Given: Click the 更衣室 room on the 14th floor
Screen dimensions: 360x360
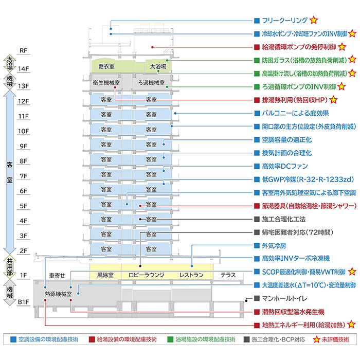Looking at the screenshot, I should tap(106, 66).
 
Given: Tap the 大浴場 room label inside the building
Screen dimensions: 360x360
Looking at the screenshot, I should tap(158, 66).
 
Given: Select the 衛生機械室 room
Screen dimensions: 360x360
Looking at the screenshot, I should tap(106, 82).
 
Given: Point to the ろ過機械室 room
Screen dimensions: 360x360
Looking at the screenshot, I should tap(151, 82).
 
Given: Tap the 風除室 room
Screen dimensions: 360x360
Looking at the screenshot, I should tap(106, 275).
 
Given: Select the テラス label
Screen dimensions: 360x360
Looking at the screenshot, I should tap(228, 275).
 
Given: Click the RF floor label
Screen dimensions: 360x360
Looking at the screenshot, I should tap(24, 50).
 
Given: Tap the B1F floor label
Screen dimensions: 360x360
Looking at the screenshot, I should tap(24, 302).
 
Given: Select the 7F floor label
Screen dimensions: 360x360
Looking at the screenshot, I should tap(24, 176).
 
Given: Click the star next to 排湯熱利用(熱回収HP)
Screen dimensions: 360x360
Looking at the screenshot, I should tap(333, 99).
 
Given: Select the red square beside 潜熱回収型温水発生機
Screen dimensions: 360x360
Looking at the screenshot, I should tap(257, 312).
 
